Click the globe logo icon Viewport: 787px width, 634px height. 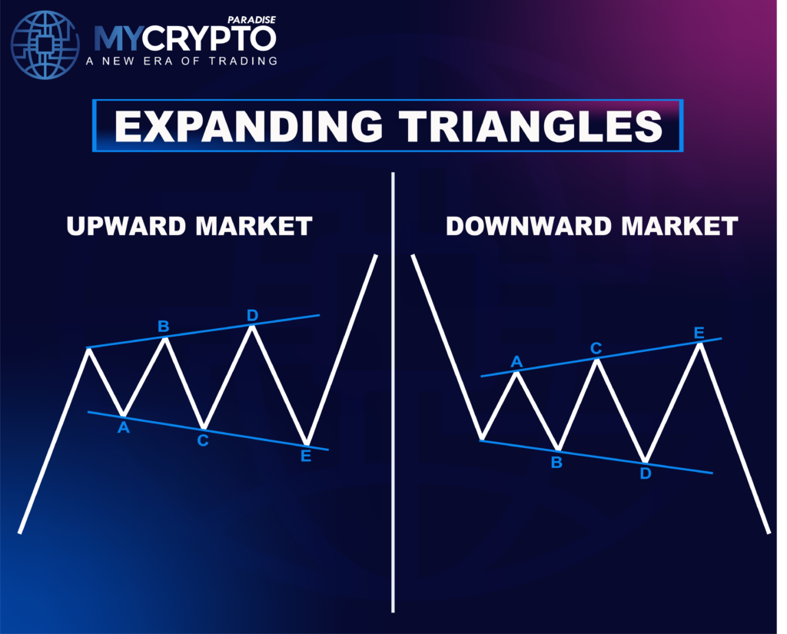pyautogui.click(x=45, y=45)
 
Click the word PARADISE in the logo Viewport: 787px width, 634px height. pyautogui.click(x=251, y=20)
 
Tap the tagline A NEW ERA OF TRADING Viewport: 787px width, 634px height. pyautogui.click(x=181, y=61)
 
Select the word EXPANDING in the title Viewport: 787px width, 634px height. pyautogui.click(x=248, y=126)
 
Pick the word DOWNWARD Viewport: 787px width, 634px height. pyautogui.click(x=529, y=227)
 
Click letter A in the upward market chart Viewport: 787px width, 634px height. pyautogui.click(x=124, y=428)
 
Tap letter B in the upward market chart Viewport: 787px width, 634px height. pyautogui.click(x=163, y=327)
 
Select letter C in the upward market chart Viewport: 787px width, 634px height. pyautogui.click(x=203, y=441)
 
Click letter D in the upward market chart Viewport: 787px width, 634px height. pyautogui.click(x=252, y=315)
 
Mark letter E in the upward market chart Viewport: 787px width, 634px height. pyautogui.click(x=306, y=456)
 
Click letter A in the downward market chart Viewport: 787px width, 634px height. pyautogui.click(x=516, y=361)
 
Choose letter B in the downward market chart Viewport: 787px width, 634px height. pyautogui.click(x=556, y=463)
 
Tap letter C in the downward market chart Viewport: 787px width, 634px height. pyautogui.click(x=596, y=348)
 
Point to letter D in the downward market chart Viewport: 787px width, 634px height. pyautogui.click(x=646, y=473)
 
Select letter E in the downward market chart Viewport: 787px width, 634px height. pyautogui.click(x=699, y=333)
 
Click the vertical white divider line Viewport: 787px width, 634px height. pyautogui.click(x=393, y=393)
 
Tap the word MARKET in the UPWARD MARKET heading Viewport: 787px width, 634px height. pyautogui.click(x=254, y=227)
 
